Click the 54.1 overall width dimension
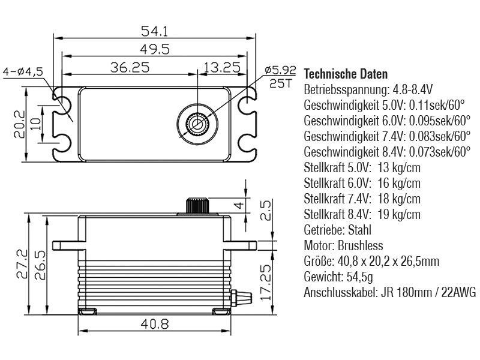(x=154, y=31)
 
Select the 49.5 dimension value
(x=155, y=49)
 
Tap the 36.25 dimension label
(x=130, y=67)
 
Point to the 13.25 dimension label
(x=222, y=67)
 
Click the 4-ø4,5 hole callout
(x=23, y=72)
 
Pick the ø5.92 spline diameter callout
(x=280, y=70)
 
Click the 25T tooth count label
(x=280, y=83)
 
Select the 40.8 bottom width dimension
(x=155, y=324)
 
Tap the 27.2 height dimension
(x=22, y=264)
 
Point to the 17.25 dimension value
(x=265, y=282)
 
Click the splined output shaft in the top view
(x=197, y=124)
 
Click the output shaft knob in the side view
(x=197, y=205)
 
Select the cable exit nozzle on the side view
(x=242, y=297)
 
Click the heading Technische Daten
(x=346, y=74)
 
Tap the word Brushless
(x=361, y=245)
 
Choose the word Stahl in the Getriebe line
(x=359, y=230)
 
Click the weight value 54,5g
(x=359, y=277)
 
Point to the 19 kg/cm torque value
(x=399, y=214)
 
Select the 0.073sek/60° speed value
(x=440, y=152)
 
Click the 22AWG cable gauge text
(x=458, y=293)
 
